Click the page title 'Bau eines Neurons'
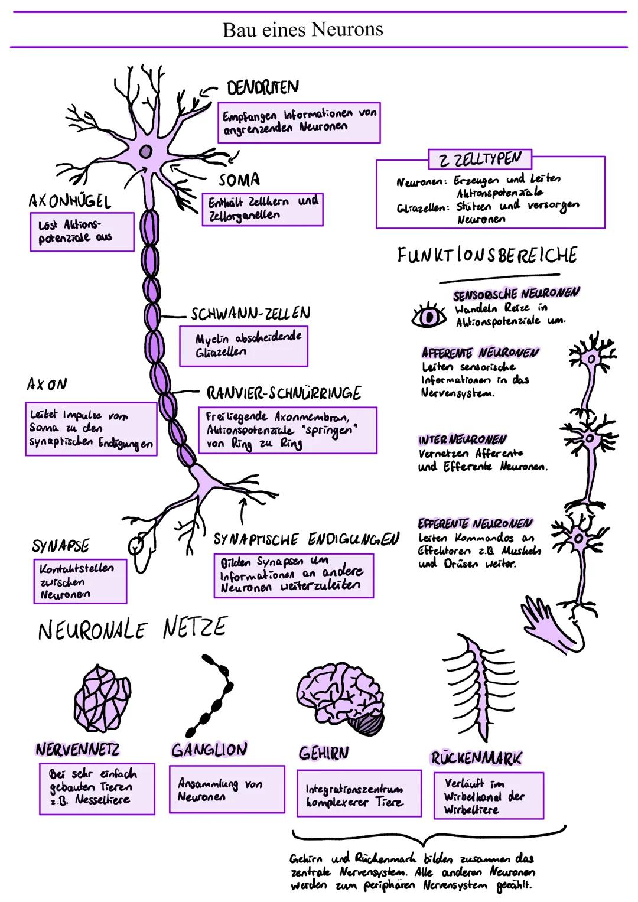(302, 30)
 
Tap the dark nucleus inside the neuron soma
(145, 152)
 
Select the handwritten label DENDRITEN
(263, 87)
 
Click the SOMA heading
(239, 180)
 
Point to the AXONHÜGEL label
(70, 201)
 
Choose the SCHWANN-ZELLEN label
(250, 313)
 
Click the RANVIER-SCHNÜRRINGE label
(284, 393)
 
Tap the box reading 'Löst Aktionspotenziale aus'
(82, 232)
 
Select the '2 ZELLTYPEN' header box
(480, 159)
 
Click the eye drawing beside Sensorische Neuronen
(429, 317)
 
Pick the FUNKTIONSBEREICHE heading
(487, 256)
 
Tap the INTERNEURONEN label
(462, 440)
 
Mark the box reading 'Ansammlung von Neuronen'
(227, 789)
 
